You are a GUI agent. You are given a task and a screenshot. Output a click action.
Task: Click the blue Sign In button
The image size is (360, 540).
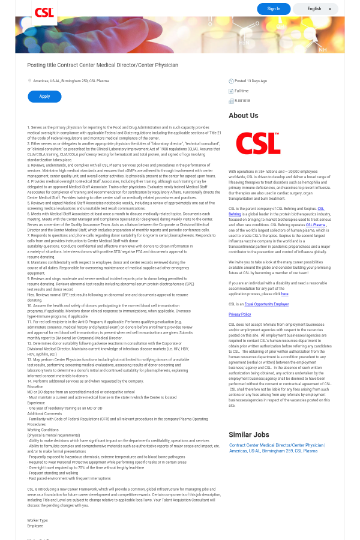274,9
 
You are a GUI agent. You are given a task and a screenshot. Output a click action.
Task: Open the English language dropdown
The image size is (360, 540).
316,9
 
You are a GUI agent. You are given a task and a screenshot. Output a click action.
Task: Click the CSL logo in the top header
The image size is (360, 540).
44,13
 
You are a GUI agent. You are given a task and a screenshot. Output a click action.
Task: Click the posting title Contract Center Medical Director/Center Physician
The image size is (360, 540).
103,65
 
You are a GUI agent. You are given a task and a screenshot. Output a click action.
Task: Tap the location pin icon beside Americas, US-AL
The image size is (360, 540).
29,80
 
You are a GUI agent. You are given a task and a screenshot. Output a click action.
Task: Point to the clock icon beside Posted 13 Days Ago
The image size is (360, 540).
231,81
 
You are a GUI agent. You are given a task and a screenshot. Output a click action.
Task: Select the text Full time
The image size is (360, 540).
242,91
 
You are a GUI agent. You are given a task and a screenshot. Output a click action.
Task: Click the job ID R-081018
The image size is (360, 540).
242,100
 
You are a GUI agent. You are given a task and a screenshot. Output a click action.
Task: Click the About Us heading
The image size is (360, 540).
244,116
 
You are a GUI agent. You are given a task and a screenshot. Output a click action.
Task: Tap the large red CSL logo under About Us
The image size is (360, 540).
258,143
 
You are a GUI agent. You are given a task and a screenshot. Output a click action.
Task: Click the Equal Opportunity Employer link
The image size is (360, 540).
266,304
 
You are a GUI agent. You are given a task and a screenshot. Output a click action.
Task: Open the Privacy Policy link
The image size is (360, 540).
239,314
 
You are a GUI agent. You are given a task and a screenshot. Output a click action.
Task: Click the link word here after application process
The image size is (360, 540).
285,294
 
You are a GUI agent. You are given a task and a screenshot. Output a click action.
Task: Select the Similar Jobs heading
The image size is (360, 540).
249,434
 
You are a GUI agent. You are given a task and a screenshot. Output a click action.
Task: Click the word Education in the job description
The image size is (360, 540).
35,386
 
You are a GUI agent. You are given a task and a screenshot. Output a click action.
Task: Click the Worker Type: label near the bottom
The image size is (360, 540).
38,520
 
